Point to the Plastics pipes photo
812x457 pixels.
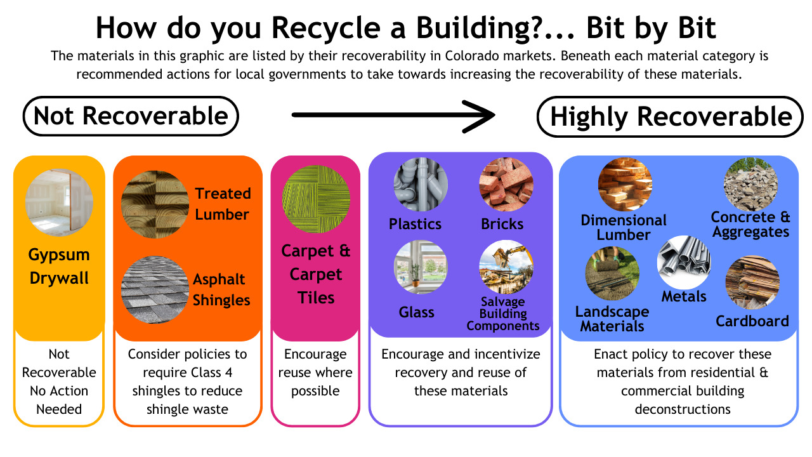(421, 185)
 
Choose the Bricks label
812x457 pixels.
(502, 224)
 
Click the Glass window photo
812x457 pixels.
(421, 267)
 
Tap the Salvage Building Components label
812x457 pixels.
(503, 314)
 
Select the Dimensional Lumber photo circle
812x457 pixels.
(625, 185)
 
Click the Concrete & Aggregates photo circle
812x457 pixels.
(751, 185)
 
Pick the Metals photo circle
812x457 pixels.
(684, 262)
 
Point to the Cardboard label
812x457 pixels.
(752, 321)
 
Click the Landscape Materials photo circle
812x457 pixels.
(612, 274)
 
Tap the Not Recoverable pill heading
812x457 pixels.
(131, 116)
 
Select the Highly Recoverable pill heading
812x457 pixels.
(671, 117)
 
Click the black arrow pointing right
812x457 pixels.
(393, 115)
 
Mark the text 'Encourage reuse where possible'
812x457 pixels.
(315, 373)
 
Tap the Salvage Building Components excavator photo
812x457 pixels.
(506, 267)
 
